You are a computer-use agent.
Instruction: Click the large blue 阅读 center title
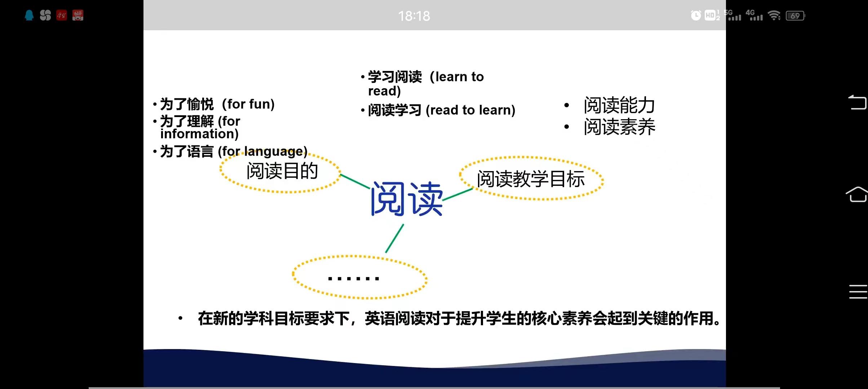coord(407,199)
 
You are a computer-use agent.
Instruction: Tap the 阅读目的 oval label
coord(282,171)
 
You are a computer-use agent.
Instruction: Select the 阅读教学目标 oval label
coord(531,179)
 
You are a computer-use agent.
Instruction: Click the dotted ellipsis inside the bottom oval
coord(354,278)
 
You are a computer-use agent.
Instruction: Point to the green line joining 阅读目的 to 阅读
coord(355,182)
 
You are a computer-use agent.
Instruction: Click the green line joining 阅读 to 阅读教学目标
coord(458,194)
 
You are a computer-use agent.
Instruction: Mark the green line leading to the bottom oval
coord(395,238)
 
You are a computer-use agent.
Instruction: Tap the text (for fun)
coord(248,104)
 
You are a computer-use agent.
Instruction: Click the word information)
coord(199,134)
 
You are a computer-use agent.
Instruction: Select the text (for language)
coord(263,151)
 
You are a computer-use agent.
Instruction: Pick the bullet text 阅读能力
coord(619,105)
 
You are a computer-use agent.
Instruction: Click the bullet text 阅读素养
coord(619,127)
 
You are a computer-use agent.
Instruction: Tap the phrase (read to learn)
coord(471,110)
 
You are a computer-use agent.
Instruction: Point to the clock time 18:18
coord(414,16)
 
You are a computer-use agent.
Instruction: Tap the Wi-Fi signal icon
coord(774,15)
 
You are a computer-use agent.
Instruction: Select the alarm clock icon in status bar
coord(696,15)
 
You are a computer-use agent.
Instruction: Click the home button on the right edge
coord(856,194)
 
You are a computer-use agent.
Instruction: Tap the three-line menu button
coord(858,292)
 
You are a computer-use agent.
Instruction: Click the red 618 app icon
coord(78,15)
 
